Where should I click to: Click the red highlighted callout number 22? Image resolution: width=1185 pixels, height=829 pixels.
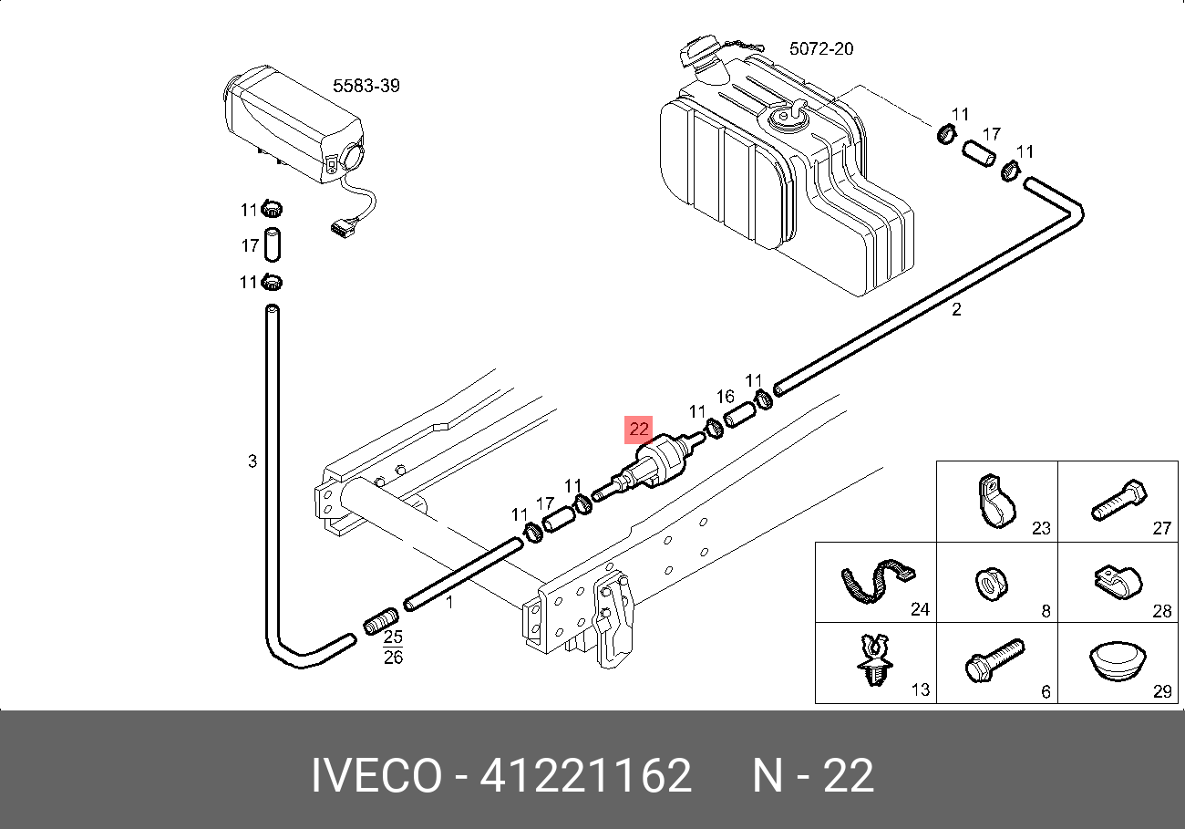point(639,430)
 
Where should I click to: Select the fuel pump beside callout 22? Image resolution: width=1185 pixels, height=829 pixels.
point(661,461)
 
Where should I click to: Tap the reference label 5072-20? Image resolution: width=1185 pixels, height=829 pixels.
point(820,48)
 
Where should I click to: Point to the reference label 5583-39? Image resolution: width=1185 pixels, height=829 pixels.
point(366,86)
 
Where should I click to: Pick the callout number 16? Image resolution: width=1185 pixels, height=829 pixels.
point(725,397)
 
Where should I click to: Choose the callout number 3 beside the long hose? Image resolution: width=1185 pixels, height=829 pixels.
point(252,461)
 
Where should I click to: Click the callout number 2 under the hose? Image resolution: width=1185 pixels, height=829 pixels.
point(956,310)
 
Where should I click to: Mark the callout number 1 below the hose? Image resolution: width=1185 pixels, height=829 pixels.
point(448,602)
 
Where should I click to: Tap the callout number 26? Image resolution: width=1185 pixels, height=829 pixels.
point(393,657)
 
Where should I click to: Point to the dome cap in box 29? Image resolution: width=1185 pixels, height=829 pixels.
point(1116,660)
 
